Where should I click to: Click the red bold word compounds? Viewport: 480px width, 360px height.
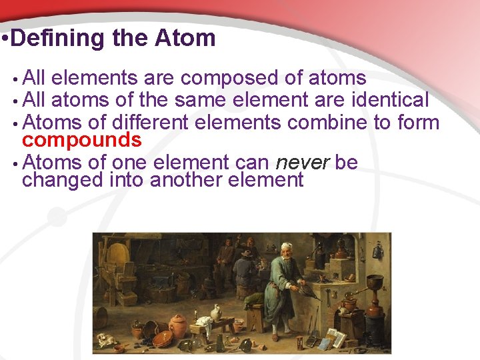81,140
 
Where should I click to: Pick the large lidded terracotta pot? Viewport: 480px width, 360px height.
178,327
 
